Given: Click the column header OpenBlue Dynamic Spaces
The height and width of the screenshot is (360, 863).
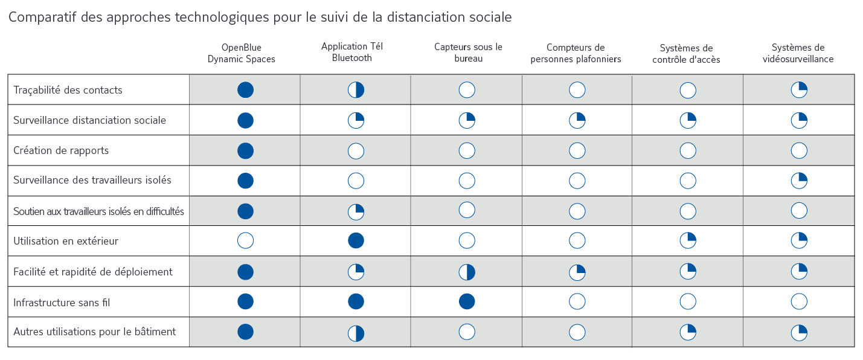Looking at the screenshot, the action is click(x=241, y=53).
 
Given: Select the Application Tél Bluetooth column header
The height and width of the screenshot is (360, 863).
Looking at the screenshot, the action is click(x=351, y=52).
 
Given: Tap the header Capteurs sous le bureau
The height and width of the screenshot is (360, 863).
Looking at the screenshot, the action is click(x=468, y=53).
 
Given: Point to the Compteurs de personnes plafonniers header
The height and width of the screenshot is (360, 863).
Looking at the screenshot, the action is click(x=576, y=53).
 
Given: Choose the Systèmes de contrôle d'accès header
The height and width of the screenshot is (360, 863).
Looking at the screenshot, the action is click(x=686, y=54).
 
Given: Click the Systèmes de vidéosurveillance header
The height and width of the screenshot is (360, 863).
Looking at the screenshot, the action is click(x=798, y=53).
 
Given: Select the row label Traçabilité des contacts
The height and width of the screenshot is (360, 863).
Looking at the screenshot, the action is click(x=68, y=90).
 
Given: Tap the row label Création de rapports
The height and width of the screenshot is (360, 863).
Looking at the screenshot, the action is click(x=61, y=150).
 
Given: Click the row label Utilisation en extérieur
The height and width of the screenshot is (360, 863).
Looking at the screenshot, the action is click(x=65, y=241).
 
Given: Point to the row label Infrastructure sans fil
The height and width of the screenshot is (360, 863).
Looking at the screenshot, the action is click(x=62, y=302).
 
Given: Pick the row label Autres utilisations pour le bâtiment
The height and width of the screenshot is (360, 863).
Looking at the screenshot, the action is click(x=94, y=332).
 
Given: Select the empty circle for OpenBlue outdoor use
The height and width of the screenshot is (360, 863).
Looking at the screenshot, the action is click(x=245, y=240).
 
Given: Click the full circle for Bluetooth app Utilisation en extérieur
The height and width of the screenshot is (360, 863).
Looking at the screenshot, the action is click(x=356, y=240).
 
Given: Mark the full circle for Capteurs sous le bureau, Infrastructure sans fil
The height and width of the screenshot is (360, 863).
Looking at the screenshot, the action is click(x=467, y=301).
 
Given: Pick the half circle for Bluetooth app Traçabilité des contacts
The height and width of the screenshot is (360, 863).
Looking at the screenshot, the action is click(x=356, y=90).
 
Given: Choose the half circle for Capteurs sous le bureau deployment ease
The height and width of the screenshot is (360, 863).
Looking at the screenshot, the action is click(x=467, y=272).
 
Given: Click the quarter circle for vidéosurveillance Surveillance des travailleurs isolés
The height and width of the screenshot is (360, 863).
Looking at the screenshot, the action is click(x=799, y=181).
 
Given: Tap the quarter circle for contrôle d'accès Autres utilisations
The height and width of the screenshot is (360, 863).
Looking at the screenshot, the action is click(x=688, y=332).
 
